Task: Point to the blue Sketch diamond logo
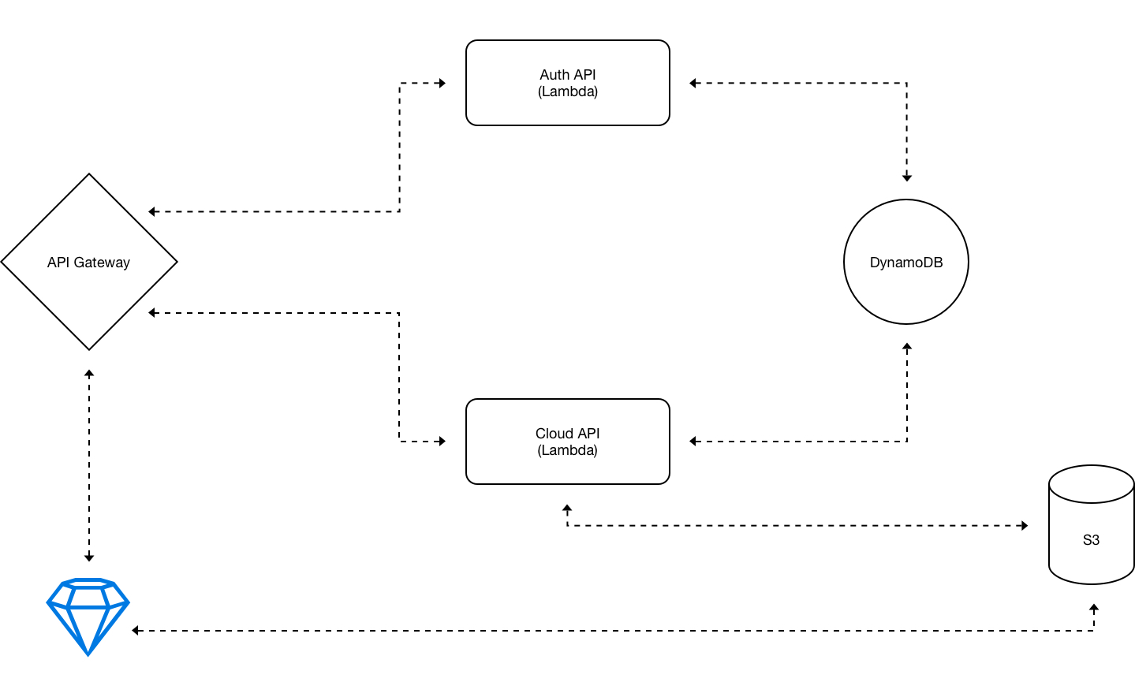click(88, 617)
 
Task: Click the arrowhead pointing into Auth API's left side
click(442, 83)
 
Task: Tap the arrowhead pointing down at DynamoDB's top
click(907, 177)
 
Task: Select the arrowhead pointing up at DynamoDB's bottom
click(907, 347)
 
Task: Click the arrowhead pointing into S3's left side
click(1025, 525)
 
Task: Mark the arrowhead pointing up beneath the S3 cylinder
click(1094, 608)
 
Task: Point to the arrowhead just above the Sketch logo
click(89, 558)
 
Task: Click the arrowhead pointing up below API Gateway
click(89, 374)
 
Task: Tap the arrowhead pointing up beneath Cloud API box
click(567, 508)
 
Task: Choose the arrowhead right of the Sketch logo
click(136, 630)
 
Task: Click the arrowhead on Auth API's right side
click(693, 83)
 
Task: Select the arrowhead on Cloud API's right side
click(693, 442)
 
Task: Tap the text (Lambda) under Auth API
click(568, 91)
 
